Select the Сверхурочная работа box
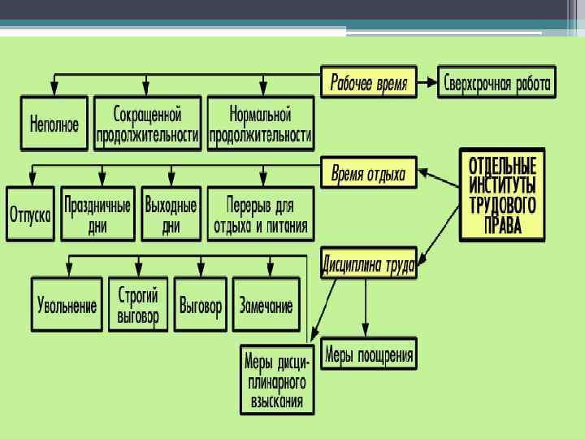[497, 83]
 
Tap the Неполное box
[54, 124]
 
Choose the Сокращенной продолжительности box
[147, 124]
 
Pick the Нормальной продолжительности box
[260, 124]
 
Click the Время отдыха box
[369, 173]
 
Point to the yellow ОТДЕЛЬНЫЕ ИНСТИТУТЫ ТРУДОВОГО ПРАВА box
[502, 194]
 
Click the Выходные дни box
[171, 215]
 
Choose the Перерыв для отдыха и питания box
[260, 215]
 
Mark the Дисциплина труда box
[369, 264]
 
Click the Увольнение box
[67, 306]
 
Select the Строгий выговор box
[138, 305]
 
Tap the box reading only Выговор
[201, 306]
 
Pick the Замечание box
[266, 306]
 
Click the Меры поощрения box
[369, 354]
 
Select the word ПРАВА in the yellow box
[502, 225]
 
